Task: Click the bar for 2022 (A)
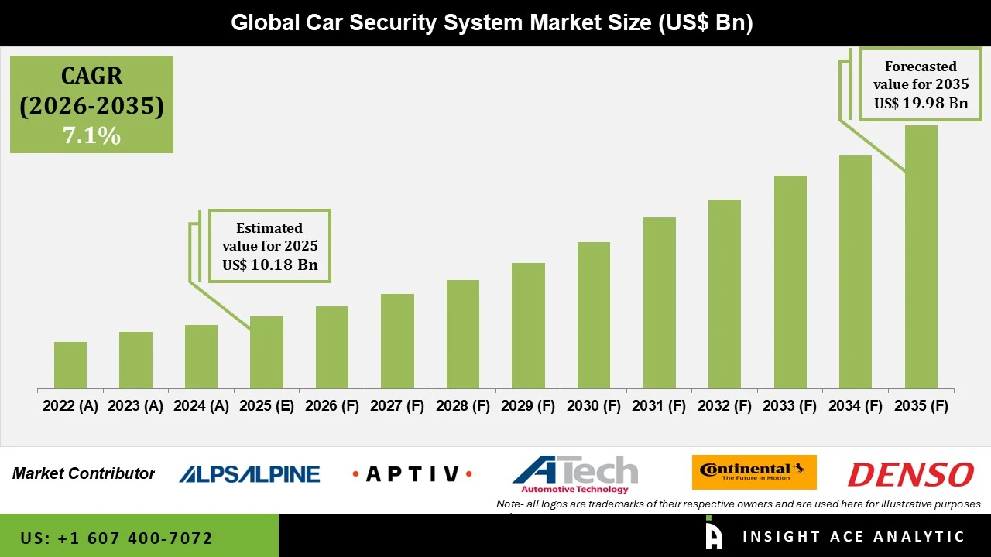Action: pyautogui.click(x=70, y=365)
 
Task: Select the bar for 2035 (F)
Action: pyautogui.click(x=921, y=257)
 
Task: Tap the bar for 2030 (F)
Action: pyautogui.click(x=594, y=315)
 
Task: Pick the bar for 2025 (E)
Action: pyautogui.click(x=266, y=352)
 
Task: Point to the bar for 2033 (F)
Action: pyautogui.click(x=790, y=282)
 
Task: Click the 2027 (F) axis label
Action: pyautogui.click(x=397, y=406)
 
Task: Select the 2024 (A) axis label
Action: pyautogui.click(x=201, y=406)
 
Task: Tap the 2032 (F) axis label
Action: pyautogui.click(x=725, y=406)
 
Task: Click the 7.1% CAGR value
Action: pyautogui.click(x=91, y=136)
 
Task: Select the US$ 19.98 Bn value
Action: pyautogui.click(x=921, y=103)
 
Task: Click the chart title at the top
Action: pyautogui.click(x=492, y=22)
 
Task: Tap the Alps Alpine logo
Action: pyautogui.click(x=249, y=473)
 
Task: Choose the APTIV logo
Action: pyautogui.click(x=412, y=473)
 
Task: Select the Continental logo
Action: pyautogui.click(x=753, y=472)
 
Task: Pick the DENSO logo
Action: pyautogui.click(x=910, y=473)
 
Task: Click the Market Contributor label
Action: pyautogui.click(x=84, y=473)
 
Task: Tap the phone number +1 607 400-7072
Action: pyautogui.click(x=116, y=538)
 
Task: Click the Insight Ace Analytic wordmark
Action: pyautogui.click(x=853, y=536)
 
